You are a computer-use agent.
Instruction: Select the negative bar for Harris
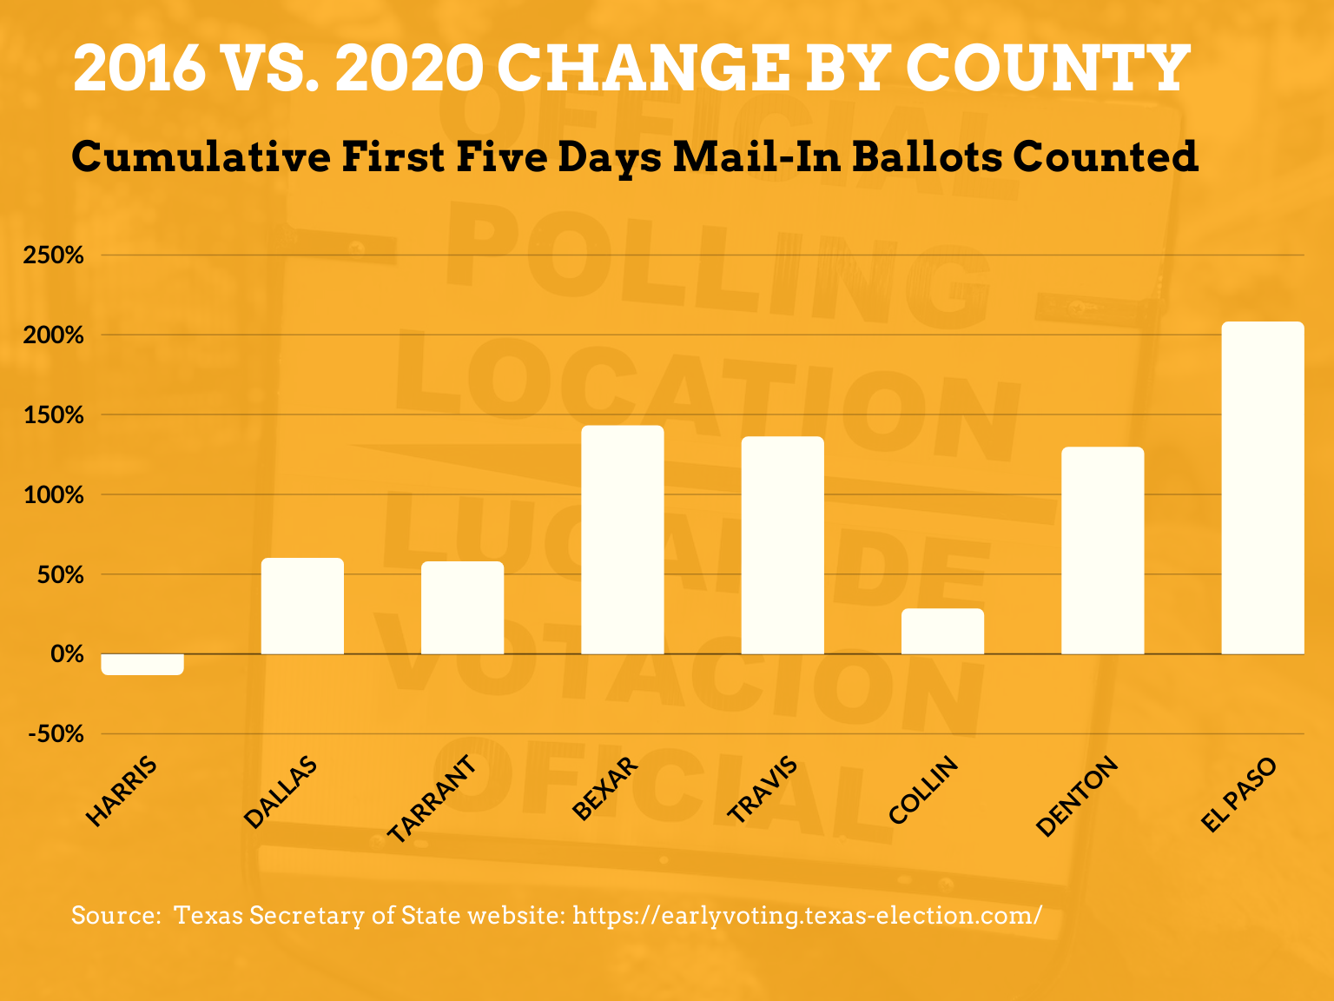(x=142, y=664)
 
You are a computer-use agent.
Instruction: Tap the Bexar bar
(x=623, y=540)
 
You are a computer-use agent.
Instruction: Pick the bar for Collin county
(x=942, y=632)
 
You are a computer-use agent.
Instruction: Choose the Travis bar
(x=783, y=545)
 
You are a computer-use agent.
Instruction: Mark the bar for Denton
(x=1102, y=551)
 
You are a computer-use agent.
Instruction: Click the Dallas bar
(x=302, y=606)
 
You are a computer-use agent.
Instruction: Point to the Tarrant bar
(x=462, y=607)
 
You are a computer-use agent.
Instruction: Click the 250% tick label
(x=55, y=255)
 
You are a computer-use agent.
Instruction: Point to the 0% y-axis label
(x=66, y=653)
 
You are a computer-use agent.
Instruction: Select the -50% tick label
(x=56, y=734)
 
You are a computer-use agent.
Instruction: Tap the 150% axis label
(x=55, y=415)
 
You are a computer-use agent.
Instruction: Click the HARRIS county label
(x=123, y=792)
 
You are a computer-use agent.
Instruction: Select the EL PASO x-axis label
(x=1239, y=795)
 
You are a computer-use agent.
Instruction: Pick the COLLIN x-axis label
(x=924, y=790)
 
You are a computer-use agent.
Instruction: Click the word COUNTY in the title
(x=1047, y=69)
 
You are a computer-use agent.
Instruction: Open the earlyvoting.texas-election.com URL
(x=807, y=916)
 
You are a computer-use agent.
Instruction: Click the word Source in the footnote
(x=114, y=916)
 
